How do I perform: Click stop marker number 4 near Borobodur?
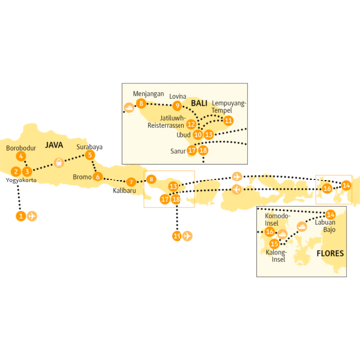pyautogui.click(x=21, y=156)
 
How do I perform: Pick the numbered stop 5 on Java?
pyautogui.click(x=90, y=155)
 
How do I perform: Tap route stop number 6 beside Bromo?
pyautogui.click(x=98, y=177)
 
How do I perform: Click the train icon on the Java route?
pyautogui.click(x=59, y=162)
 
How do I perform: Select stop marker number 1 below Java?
pyautogui.click(x=21, y=214)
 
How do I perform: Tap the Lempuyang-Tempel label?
pyautogui.click(x=230, y=106)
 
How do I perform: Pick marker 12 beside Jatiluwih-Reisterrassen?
pyautogui.click(x=191, y=124)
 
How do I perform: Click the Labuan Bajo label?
pyautogui.click(x=329, y=228)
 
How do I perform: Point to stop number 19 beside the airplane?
pyautogui.click(x=176, y=236)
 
